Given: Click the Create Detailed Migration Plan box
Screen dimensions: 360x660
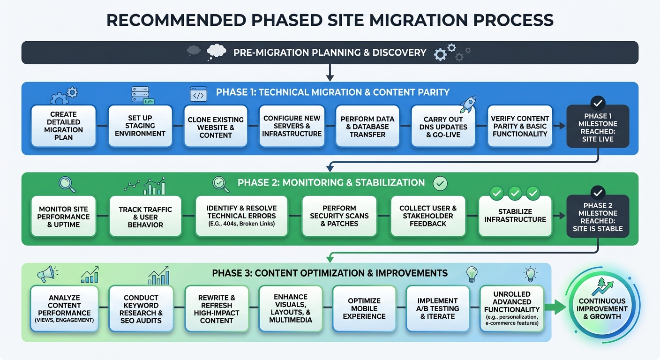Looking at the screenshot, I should pos(63,125).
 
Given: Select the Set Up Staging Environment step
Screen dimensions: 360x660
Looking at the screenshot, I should pos(140,125).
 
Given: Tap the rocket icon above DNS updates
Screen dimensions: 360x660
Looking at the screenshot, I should pos(468,104).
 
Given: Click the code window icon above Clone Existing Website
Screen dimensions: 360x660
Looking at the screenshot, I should pos(198,95).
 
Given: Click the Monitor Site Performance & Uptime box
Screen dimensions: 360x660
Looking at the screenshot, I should pos(64,217).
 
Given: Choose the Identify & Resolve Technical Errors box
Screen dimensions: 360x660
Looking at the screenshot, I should pos(242,216).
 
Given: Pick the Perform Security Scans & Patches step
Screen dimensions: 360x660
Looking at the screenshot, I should pos(339,216).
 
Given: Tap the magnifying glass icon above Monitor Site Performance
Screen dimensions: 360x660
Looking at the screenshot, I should pos(67,184).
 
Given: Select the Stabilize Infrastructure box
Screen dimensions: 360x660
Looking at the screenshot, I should pos(515,216).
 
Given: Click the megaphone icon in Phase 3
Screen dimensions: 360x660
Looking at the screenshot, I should pos(46,275).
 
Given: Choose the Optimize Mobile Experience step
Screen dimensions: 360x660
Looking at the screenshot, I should pos(364,308).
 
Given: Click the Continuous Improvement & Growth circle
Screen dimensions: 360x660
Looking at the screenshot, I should pos(602,308).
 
